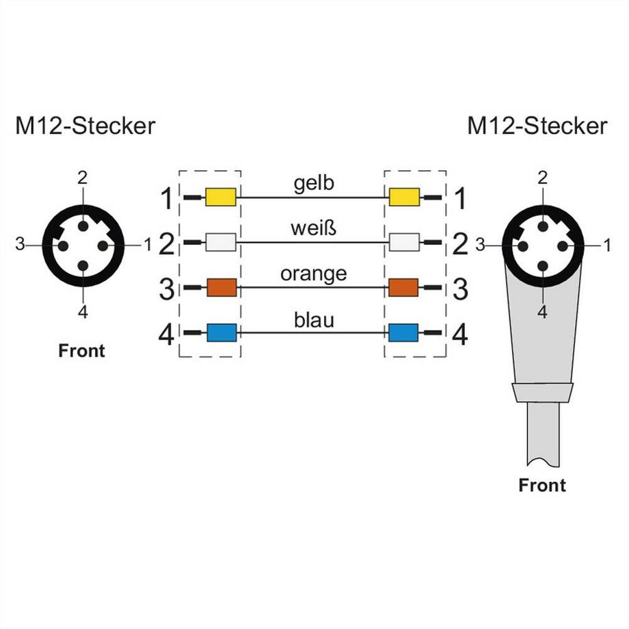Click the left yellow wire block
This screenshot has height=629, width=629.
[x=221, y=198]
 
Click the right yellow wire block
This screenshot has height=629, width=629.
[x=403, y=198]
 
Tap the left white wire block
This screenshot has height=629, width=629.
[x=221, y=242]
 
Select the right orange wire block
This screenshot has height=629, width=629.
[x=403, y=287]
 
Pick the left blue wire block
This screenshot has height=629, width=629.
[x=221, y=333]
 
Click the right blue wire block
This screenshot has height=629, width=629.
[x=403, y=333]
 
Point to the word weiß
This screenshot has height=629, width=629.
[x=313, y=229]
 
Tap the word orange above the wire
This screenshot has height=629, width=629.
[x=313, y=274]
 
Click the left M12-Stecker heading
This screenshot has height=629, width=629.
[x=85, y=126]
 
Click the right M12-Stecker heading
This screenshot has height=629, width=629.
[x=537, y=126]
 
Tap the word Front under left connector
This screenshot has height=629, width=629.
[x=82, y=351]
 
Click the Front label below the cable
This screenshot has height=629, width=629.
[x=542, y=485]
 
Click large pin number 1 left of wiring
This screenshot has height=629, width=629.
[x=166, y=199]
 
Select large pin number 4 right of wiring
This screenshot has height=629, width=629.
[x=460, y=335]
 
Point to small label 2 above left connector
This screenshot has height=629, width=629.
[x=82, y=178]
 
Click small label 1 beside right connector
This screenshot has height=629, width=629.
[x=606, y=243]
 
